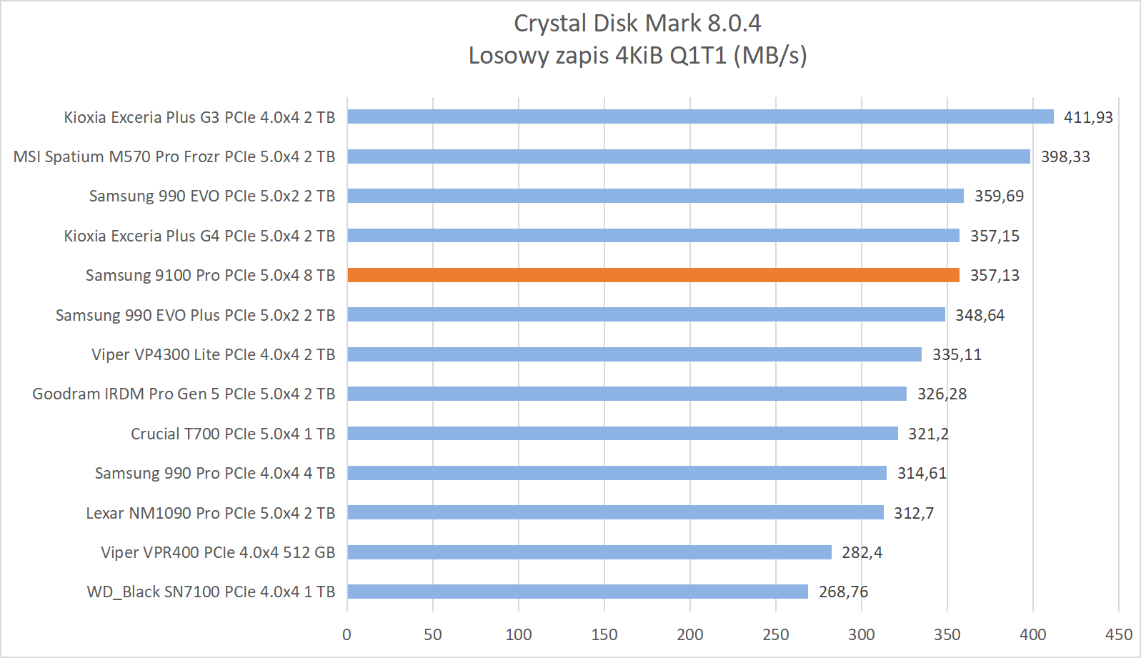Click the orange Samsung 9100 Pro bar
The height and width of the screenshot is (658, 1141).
point(653,275)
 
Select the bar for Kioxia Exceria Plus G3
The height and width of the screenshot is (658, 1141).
point(700,116)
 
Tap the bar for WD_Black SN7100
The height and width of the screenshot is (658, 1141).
point(577,592)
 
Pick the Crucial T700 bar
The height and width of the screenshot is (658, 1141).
point(622,433)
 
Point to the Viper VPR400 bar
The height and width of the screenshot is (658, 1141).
point(589,552)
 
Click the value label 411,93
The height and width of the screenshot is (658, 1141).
point(1088,117)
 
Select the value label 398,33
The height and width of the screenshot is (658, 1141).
point(1065,156)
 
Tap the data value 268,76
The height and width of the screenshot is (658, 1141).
point(843,592)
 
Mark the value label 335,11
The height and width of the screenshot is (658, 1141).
point(957,354)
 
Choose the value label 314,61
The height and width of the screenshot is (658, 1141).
point(922,473)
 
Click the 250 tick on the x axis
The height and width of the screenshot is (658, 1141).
point(775,634)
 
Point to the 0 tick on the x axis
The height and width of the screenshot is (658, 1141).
point(347,634)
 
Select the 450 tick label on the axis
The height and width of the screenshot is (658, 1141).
point(1118,634)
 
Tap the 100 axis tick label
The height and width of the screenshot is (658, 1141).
point(519,634)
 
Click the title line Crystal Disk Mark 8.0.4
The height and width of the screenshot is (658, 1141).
point(637,24)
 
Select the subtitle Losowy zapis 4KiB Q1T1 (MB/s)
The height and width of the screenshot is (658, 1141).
point(637,55)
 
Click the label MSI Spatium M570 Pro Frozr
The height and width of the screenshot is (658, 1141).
point(174,156)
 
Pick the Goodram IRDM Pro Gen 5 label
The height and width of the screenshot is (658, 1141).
point(184,394)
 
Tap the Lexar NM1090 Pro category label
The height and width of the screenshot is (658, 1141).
point(211,513)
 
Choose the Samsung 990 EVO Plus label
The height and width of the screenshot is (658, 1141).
point(195,315)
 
